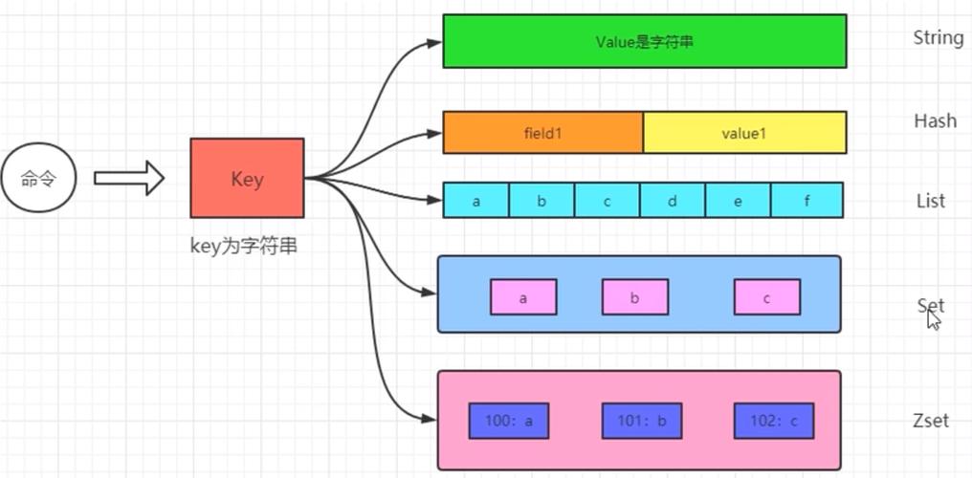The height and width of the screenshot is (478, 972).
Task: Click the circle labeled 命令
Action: [39, 179]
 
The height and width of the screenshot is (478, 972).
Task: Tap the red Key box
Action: [247, 178]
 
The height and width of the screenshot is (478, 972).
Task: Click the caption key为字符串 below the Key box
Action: [244, 246]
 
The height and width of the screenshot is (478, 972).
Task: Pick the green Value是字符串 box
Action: [644, 41]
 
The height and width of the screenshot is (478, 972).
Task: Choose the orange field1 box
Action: [542, 133]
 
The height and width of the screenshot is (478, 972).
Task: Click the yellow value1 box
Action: [744, 133]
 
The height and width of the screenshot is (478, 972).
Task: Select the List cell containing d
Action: [672, 201]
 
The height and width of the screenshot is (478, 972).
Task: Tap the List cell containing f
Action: [806, 201]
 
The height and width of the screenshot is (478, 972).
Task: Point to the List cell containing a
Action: [475, 201]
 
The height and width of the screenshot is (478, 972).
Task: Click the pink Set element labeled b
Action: [634, 297]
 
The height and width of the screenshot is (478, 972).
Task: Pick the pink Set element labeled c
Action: [766, 297]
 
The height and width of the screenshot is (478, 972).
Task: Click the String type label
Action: [938, 38]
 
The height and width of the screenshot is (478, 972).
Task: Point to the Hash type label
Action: [935, 121]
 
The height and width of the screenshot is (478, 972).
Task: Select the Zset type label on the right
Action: [931, 420]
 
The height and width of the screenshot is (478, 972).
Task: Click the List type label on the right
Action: [930, 201]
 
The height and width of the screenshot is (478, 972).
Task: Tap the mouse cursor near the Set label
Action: [934, 319]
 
